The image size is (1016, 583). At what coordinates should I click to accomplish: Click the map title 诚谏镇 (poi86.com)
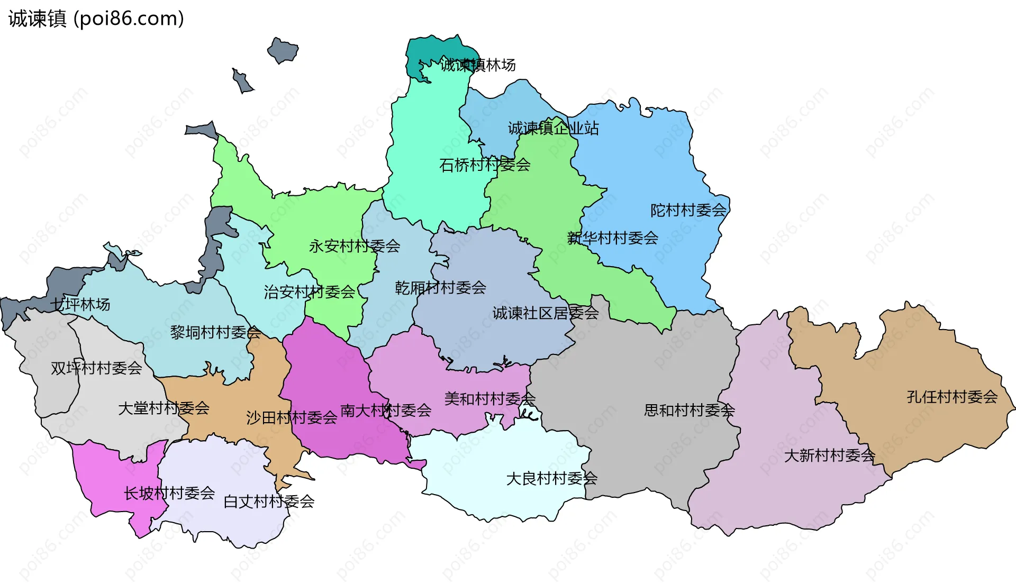tap(96, 19)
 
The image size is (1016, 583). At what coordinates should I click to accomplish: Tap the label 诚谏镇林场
tap(478, 65)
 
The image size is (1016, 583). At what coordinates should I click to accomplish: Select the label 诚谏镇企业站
tap(553, 128)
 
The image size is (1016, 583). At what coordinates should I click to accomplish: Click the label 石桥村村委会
tap(485, 165)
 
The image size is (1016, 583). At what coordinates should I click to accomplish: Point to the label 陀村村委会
tap(688, 211)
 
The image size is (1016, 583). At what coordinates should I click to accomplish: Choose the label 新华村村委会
tap(613, 238)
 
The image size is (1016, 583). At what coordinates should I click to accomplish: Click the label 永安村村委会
tap(355, 246)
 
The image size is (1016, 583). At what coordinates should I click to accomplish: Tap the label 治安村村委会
tap(310, 292)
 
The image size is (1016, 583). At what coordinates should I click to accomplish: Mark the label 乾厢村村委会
tap(440, 288)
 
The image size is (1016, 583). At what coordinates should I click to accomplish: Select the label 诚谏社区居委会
tap(545, 313)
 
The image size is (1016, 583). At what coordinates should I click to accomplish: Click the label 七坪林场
tap(80, 305)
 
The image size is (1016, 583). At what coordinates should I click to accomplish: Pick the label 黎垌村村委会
tap(215, 332)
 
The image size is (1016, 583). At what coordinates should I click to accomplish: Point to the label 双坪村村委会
tap(96, 368)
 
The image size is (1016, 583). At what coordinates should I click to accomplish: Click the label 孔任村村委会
tap(952, 397)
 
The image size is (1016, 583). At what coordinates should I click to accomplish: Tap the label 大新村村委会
tap(829, 456)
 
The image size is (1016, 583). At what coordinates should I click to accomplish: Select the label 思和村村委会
tap(689, 410)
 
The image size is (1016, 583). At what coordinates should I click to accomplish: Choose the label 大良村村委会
tap(551, 479)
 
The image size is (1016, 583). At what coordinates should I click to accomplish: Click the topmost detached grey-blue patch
tap(283, 51)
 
